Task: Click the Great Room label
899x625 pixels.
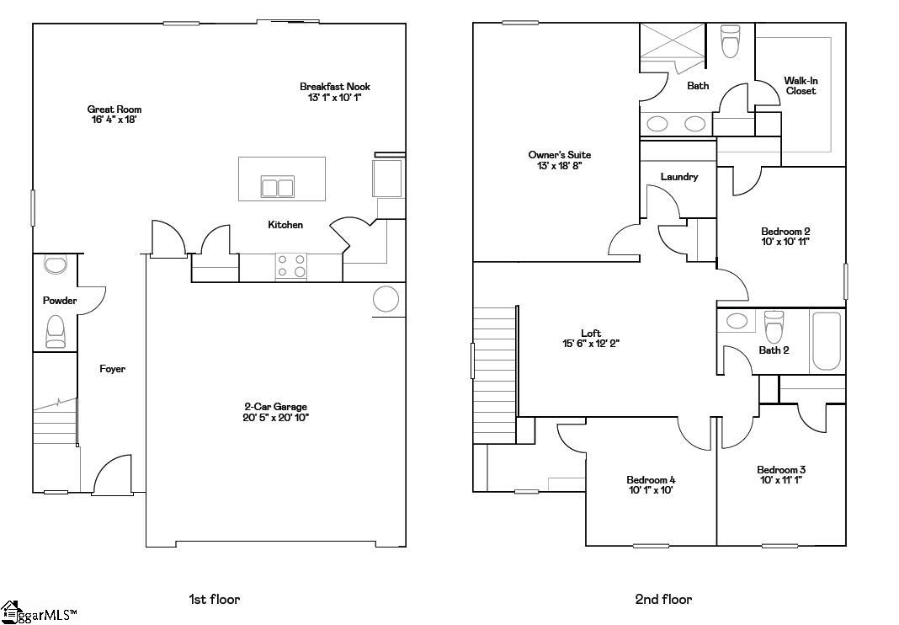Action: [114, 110]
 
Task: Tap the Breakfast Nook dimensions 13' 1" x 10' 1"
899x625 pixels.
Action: [335, 98]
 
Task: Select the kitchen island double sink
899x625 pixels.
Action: [277, 187]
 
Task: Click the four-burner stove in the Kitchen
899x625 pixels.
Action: [290, 266]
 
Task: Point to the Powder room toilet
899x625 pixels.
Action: [56, 331]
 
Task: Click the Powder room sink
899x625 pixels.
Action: [56, 266]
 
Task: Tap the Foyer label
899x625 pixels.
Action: [112, 369]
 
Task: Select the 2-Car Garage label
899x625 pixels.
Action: [275, 407]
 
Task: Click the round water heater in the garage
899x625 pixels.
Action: [386, 299]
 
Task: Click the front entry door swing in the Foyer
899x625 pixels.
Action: [114, 476]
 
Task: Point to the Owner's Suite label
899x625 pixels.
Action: [560, 155]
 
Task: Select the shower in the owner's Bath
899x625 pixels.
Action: [671, 41]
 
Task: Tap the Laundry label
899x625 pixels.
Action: [678, 177]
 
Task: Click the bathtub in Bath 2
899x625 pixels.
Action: [827, 341]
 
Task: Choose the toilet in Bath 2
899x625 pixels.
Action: [774, 325]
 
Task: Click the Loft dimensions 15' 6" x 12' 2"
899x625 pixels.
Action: [591, 344]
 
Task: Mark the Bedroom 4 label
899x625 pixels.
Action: [651, 480]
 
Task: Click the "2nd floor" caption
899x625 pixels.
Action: [663, 600]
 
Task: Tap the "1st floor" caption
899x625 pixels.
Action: [214, 600]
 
